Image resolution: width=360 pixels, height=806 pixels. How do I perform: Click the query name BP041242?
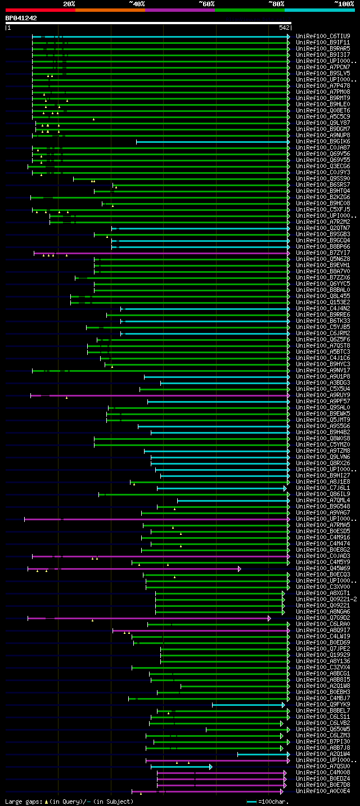pos(21,18)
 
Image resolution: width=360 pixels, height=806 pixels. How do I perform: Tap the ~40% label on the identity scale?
pos(137,3)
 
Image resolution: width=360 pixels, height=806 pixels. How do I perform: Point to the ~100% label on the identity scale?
pos(344,3)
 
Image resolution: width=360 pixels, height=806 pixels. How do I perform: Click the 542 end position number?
pos(283,28)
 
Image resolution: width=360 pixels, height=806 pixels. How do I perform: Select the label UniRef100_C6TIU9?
pos(323,36)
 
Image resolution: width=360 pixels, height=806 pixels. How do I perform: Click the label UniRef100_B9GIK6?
pos(323,141)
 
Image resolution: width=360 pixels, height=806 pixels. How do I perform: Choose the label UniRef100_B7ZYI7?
pos(323,253)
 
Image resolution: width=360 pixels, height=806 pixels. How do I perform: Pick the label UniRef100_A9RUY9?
pos(323,395)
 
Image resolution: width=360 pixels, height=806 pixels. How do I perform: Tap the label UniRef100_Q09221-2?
pos(326,599)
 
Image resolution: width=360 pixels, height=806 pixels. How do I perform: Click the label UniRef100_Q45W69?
pos(323,568)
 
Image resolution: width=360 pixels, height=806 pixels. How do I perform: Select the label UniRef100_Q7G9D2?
pos(323,618)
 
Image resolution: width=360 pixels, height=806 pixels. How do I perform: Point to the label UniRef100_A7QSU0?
pos(323,766)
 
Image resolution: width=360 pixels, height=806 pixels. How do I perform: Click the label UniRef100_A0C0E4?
pos(323,791)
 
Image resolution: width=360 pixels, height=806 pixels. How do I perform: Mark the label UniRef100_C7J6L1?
pos(323,488)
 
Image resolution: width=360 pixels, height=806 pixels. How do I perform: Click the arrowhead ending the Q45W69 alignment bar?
pos(239,569)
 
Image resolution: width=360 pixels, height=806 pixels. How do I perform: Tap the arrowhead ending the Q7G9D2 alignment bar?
pos(269,618)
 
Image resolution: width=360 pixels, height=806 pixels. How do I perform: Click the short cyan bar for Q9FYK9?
pos(247,705)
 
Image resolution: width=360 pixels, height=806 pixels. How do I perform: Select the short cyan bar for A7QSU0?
pos(180,767)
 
